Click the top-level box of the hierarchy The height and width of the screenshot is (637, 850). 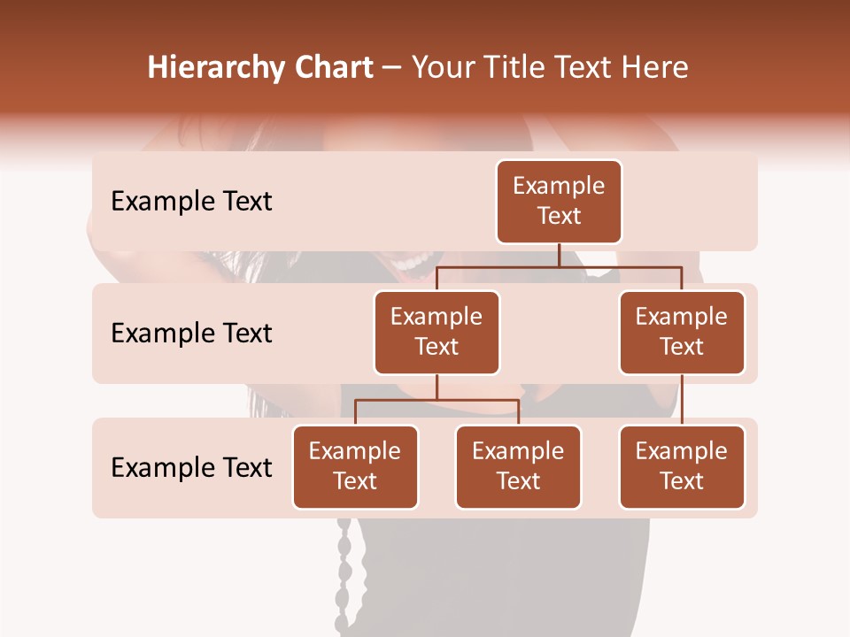pyautogui.click(x=559, y=202)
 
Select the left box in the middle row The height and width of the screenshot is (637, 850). pyautogui.click(x=437, y=333)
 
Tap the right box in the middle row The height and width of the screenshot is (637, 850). pyautogui.click(x=682, y=333)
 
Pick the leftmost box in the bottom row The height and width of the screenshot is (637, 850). pyautogui.click(x=355, y=467)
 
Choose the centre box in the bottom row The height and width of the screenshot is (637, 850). pyautogui.click(x=518, y=467)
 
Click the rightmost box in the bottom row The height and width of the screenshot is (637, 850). pyautogui.click(x=682, y=467)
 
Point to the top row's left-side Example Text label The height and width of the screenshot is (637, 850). pyautogui.click(x=191, y=202)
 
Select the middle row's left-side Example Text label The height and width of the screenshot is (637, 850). pyautogui.click(x=191, y=334)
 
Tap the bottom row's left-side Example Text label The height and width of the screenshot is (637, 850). pyautogui.click(x=191, y=468)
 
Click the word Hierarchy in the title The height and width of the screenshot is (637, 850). pyautogui.click(x=212, y=68)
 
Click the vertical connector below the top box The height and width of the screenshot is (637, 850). pyautogui.click(x=559, y=255)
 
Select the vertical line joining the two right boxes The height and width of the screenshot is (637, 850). pyautogui.click(x=682, y=400)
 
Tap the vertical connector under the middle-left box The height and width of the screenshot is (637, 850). pyautogui.click(x=437, y=387)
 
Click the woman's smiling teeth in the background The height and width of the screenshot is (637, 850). pyautogui.click(x=413, y=264)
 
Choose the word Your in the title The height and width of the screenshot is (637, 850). pyautogui.click(x=442, y=67)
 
